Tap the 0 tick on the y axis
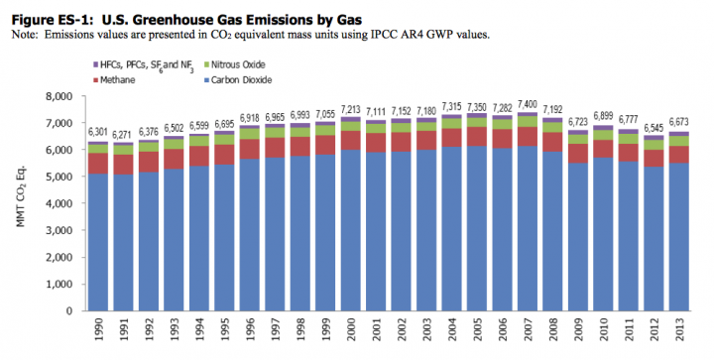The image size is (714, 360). click(70, 311)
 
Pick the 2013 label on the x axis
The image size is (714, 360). click(679, 332)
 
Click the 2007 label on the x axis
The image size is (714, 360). click(528, 332)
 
